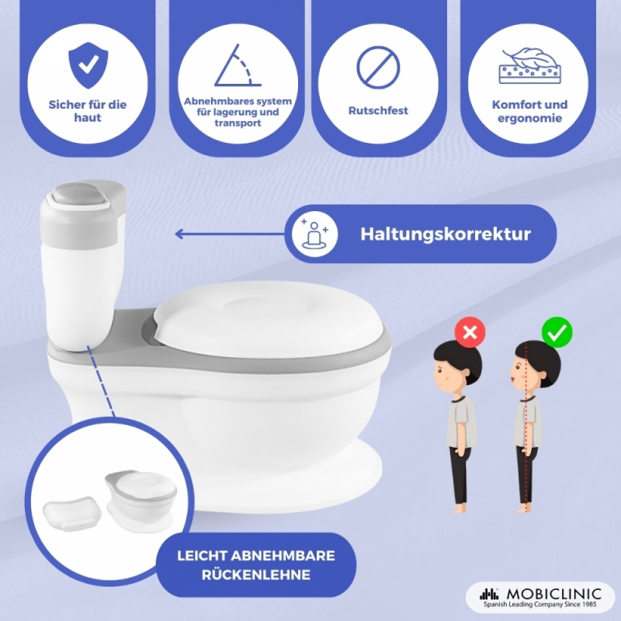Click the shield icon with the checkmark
click(x=88, y=66)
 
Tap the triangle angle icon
click(x=238, y=66)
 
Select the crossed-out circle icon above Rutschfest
click(x=378, y=68)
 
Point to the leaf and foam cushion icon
click(x=530, y=66)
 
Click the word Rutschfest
click(x=378, y=110)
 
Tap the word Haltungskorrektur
click(x=446, y=234)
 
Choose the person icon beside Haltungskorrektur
click(x=315, y=234)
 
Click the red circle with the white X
click(x=470, y=332)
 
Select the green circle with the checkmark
click(x=557, y=332)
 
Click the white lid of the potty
click(x=268, y=315)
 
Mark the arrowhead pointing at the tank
click(x=179, y=234)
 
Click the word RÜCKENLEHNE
click(x=256, y=574)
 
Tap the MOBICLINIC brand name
click(x=553, y=594)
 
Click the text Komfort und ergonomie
click(x=529, y=111)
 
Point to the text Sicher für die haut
click(x=88, y=111)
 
